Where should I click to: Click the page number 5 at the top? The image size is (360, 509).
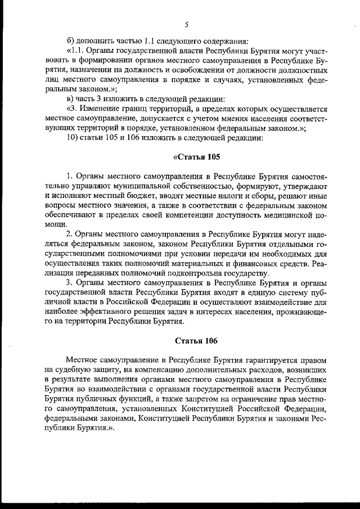pyautogui.click(x=186, y=24)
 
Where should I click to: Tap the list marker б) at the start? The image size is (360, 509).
pyautogui.click(x=70, y=40)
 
